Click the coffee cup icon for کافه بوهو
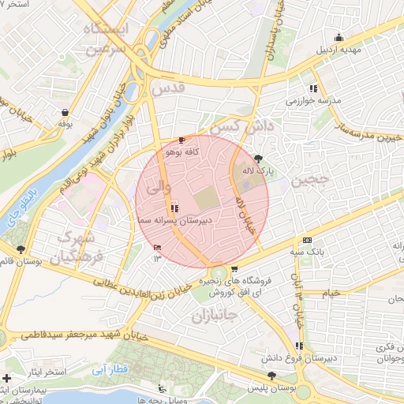pyautogui.click(x=183, y=139)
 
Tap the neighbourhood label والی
pyautogui.click(x=151, y=187)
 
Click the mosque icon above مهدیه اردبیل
pyautogui.click(x=339, y=36)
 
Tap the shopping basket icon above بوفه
pyautogui.click(x=63, y=112)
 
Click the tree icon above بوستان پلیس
pyautogui.click(x=272, y=376)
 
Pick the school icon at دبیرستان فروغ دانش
pyautogui.click(x=299, y=346)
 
